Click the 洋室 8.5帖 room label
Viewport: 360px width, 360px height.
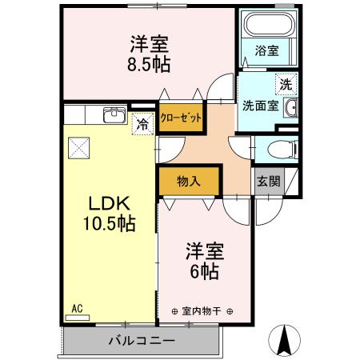pyautogui.click(x=150, y=52)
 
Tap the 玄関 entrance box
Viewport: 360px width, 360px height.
pyautogui.click(x=268, y=181)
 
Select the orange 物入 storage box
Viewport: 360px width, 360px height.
pyautogui.click(x=189, y=181)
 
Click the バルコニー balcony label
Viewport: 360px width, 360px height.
pyautogui.click(x=141, y=341)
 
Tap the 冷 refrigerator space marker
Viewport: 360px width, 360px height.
pyautogui.click(x=142, y=124)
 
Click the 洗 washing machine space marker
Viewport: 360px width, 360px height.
pyautogui.click(x=284, y=82)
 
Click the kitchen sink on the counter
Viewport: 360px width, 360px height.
pyautogui.click(x=114, y=114)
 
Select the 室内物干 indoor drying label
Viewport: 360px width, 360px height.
pyautogui.click(x=201, y=311)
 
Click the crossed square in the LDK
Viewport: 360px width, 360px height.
pyautogui.click(x=78, y=146)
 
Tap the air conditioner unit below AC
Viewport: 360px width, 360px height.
pyautogui.click(x=78, y=317)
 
